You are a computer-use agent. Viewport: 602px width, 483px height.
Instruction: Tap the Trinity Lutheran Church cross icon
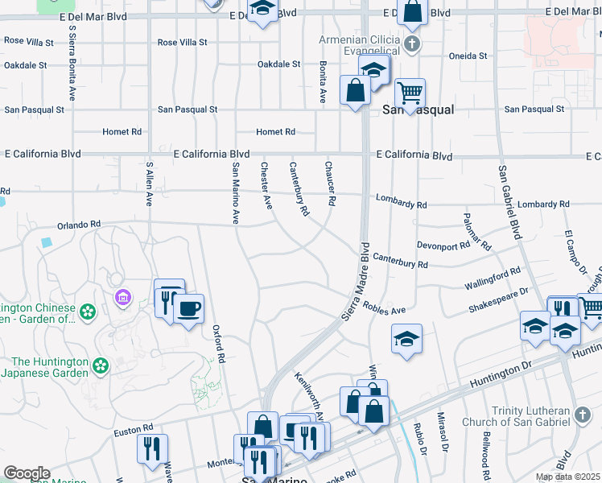583,415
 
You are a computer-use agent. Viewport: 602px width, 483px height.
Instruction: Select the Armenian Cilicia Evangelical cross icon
412,43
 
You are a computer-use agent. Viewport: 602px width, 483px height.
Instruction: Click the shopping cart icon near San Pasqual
410,93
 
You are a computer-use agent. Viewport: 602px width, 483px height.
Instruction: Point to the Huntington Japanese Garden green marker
101,366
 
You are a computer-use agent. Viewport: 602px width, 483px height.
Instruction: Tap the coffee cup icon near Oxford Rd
188,309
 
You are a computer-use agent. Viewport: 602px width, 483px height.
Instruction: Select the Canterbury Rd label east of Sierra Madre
400,262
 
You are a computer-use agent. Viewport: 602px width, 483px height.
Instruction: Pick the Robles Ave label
384,310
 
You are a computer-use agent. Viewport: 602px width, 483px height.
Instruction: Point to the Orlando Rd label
79,225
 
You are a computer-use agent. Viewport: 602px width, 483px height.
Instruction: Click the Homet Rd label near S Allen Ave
122,132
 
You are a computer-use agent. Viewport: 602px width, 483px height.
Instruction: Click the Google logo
27,473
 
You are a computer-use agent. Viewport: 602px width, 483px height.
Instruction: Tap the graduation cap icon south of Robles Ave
407,339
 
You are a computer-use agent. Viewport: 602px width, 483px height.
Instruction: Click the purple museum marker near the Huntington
122,299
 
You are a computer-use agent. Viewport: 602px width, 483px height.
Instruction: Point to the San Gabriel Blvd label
509,204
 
